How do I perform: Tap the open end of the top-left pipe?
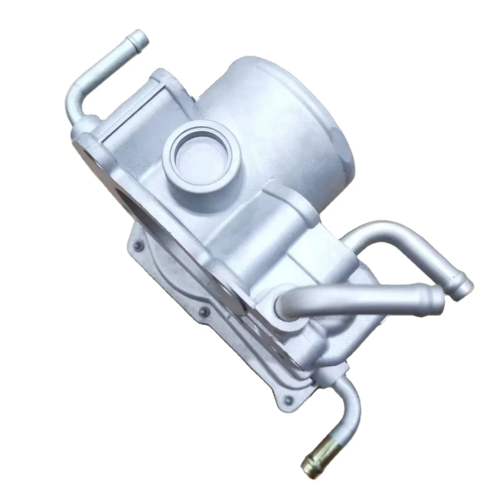[x=144, y=38]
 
